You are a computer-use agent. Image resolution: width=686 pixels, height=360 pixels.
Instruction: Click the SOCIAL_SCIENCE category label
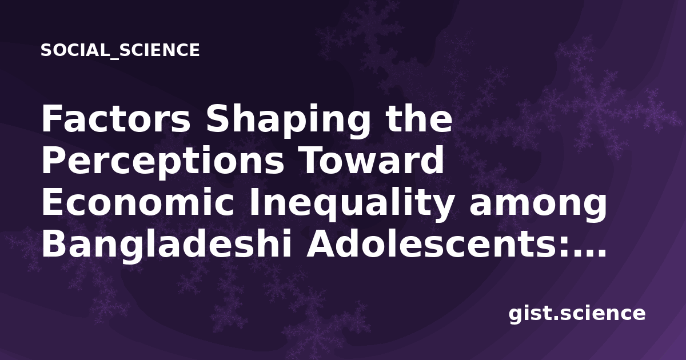click(120, 50)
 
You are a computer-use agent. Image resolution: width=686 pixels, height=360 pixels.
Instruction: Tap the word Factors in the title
click(116, 119)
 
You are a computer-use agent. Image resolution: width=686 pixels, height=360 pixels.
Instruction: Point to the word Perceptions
click(163, 162)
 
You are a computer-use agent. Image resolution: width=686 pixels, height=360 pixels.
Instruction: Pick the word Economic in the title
click(138, 202)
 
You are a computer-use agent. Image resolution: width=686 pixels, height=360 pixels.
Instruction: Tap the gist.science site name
click(577, 314)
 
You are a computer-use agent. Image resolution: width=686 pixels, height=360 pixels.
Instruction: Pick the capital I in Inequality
click(254, 202)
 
